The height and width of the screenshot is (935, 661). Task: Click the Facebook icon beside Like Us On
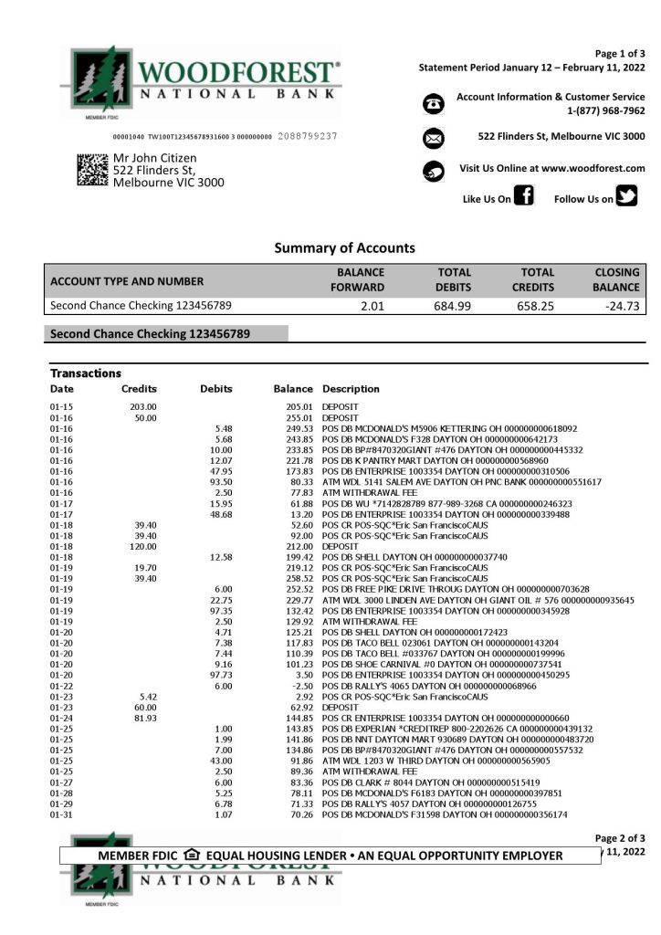(524, 195)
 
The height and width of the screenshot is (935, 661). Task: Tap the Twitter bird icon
(626, 195)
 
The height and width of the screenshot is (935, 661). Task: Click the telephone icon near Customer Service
(434, 104)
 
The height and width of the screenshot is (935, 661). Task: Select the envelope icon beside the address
(434, 138)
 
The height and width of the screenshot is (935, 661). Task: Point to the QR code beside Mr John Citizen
(92, 170)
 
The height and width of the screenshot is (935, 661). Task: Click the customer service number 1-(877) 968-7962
(605, 110)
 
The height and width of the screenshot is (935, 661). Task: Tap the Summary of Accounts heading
(344, 247)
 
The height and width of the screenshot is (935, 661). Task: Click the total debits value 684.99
(452, 306)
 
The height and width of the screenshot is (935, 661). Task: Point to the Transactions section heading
(86, 373)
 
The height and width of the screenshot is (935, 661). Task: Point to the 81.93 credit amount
(145, 718)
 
